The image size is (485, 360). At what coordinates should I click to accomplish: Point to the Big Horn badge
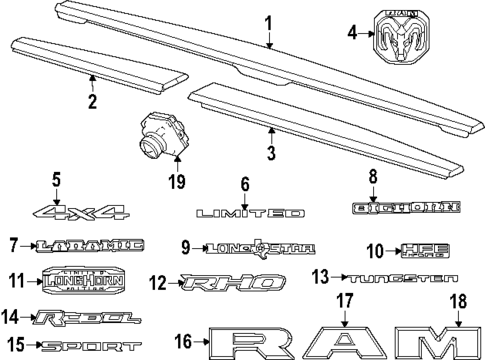coord(400,208)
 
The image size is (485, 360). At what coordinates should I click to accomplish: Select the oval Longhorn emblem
coord(88,281)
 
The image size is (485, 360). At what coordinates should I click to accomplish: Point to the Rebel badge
coord(81,319)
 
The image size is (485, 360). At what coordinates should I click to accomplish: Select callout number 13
coord(319,275)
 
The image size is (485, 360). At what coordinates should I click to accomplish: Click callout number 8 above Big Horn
coord(400,177)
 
